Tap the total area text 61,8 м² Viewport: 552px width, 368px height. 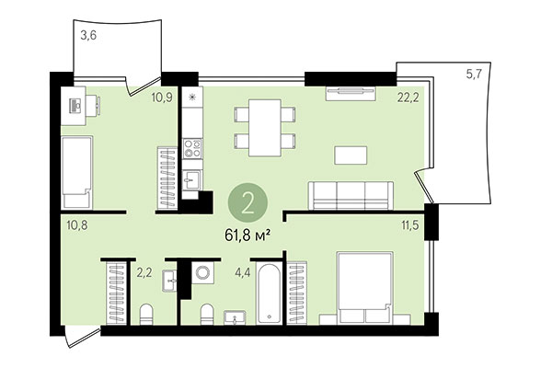click(248, 233)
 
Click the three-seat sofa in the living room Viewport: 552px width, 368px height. click(350, 196)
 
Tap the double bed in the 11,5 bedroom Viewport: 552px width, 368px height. click(365, 289)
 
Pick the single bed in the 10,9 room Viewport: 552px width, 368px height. click(76, 172)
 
